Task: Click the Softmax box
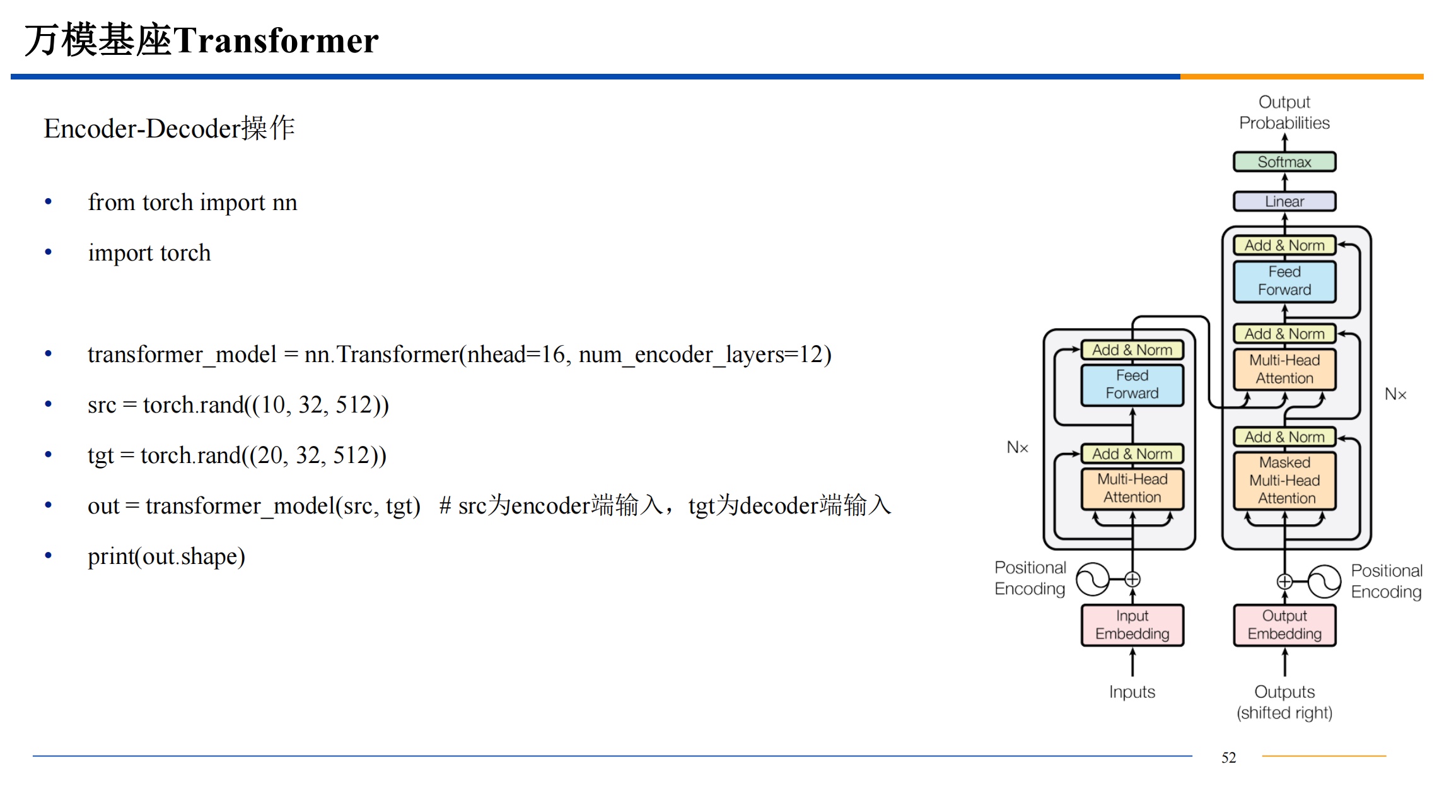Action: coord(1284,162)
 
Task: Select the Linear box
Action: coord(1284,202)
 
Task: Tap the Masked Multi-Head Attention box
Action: coord(1284,481)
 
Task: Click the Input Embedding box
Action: coord(1132,625)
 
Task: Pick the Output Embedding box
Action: coord(1284,625)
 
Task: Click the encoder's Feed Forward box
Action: coord(1132,385)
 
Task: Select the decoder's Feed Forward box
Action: coord(1284,281)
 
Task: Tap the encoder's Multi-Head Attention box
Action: coord(1132,488)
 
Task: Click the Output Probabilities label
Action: coord(1284,112)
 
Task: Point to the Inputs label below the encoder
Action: coord(1132,692)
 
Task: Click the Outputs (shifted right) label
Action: coord(1284,702)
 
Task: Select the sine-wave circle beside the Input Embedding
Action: coord(1092,579)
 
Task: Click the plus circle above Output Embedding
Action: coord(1284,581)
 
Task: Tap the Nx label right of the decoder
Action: coord(1395,394)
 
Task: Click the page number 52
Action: coord(1228,758)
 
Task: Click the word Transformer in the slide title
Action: coord(276,41)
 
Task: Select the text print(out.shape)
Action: coord(166,556)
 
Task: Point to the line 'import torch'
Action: coord(149,253)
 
